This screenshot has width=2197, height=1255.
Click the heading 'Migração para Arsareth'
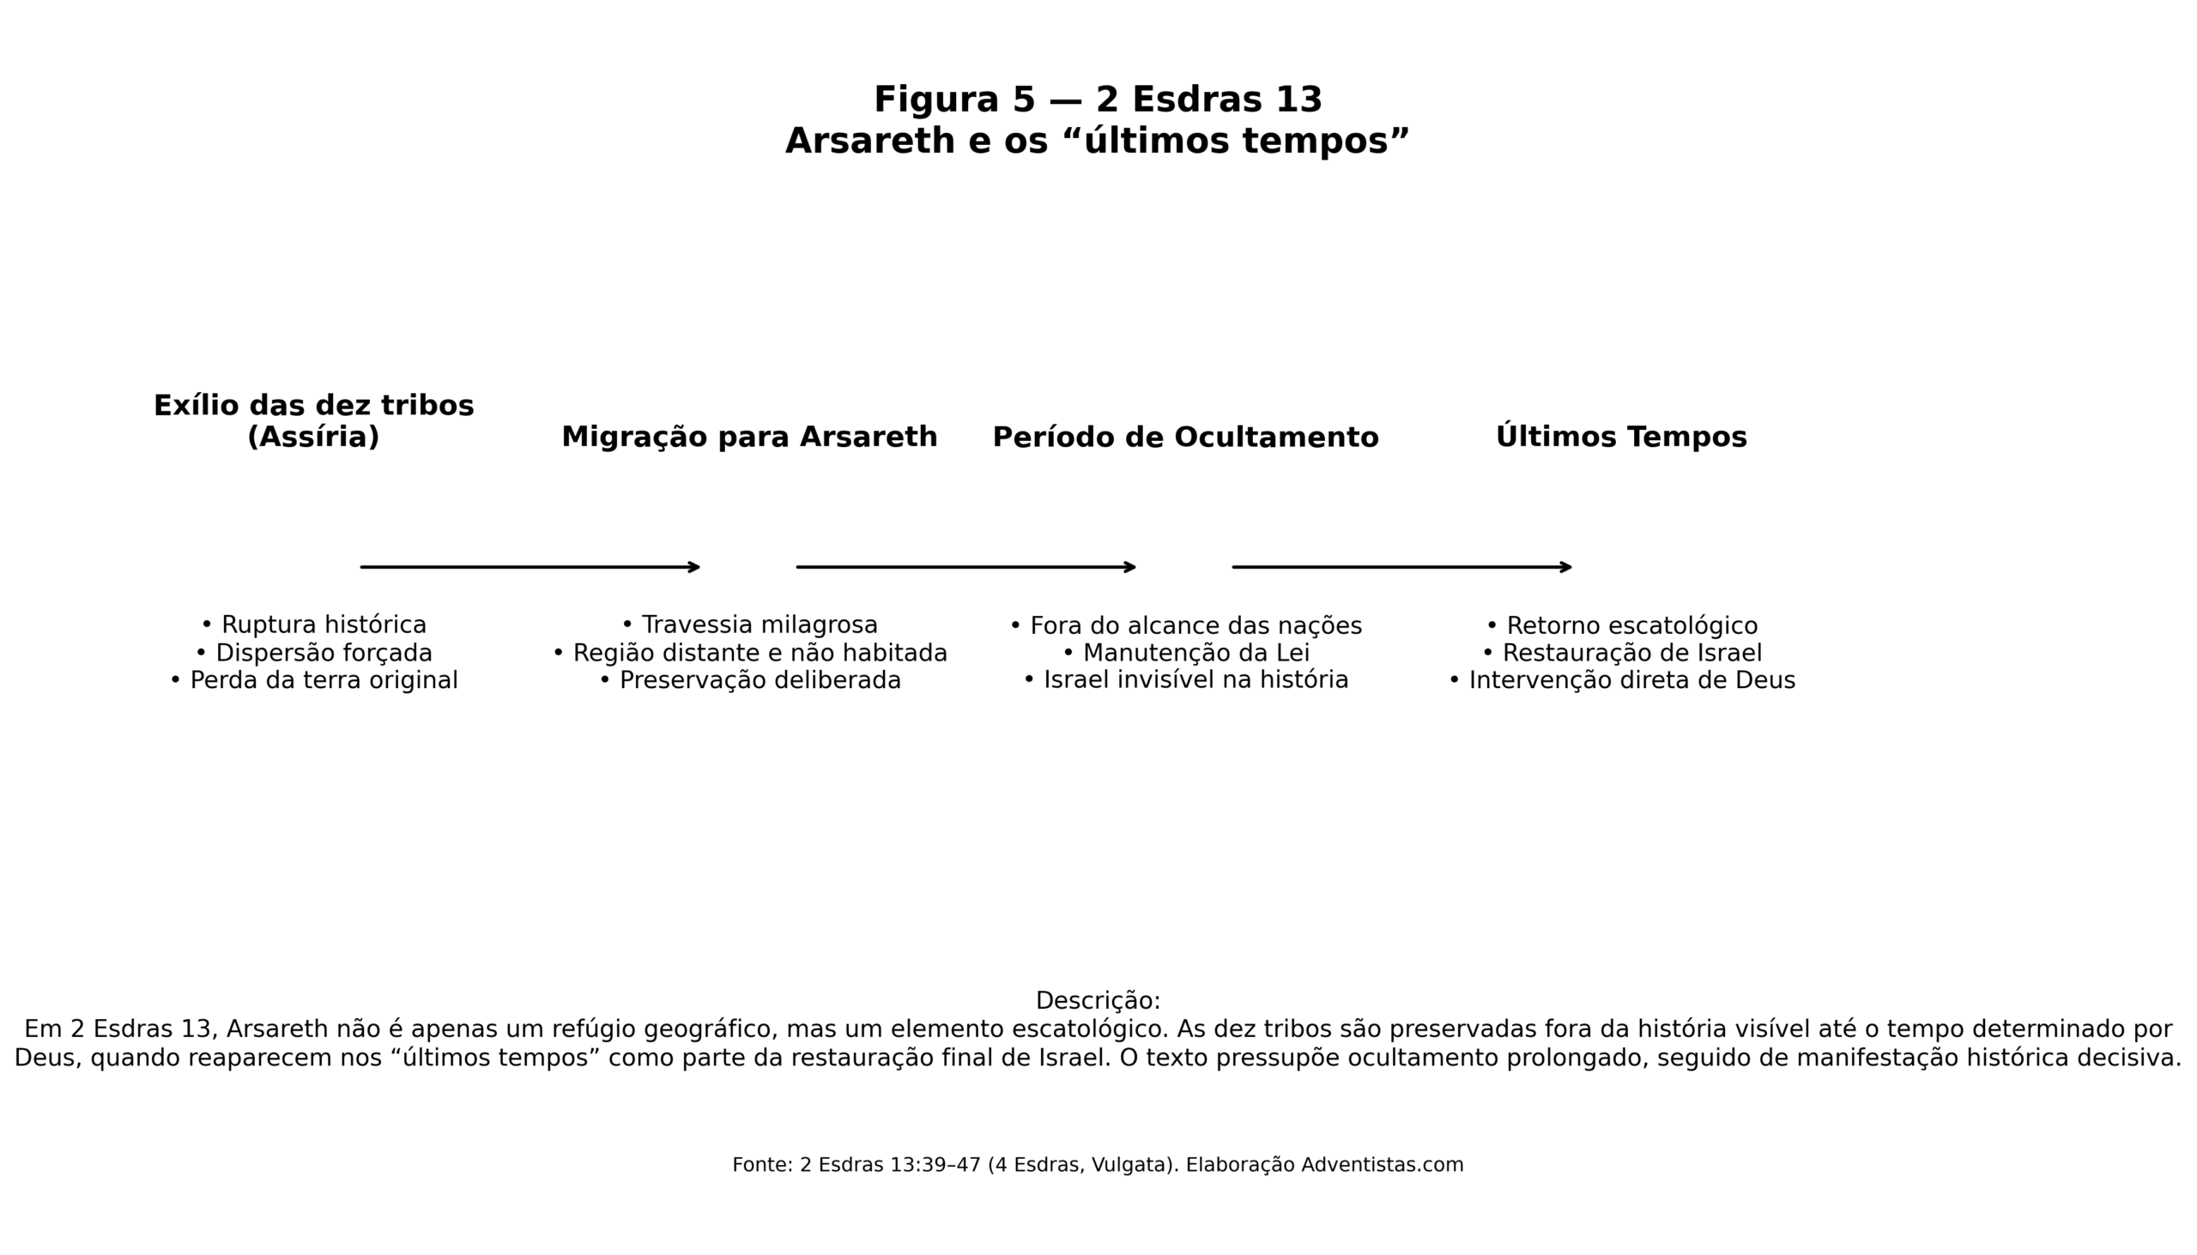[749, 437]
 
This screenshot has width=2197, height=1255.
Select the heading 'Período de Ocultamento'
[1185, 437]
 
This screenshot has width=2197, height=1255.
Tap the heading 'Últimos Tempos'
[1621, 437]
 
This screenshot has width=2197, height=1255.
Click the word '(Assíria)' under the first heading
[313, 437]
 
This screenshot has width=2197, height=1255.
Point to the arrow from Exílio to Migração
[530, 567]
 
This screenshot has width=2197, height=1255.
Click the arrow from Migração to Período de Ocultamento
[965, 567]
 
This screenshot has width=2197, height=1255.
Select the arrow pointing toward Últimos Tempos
[1402, 567]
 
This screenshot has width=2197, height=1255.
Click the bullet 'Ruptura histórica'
[314, 624]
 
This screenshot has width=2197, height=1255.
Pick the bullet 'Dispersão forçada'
[314, 653]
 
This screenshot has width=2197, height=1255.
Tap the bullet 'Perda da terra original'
[314, 680]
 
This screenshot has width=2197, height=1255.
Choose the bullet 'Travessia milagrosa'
[749, 624]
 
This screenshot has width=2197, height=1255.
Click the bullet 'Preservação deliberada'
[749, 680]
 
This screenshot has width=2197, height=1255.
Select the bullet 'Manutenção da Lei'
[1185, 653]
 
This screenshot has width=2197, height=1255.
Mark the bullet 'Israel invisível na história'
[1185, 680]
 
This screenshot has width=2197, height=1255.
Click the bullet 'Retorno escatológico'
[1621, 624]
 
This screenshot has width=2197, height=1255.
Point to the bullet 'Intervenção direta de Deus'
[1621, 680]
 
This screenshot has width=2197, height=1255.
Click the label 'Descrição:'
[1098, 1001]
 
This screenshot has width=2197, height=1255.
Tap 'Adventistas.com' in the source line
[1383, 1165]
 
